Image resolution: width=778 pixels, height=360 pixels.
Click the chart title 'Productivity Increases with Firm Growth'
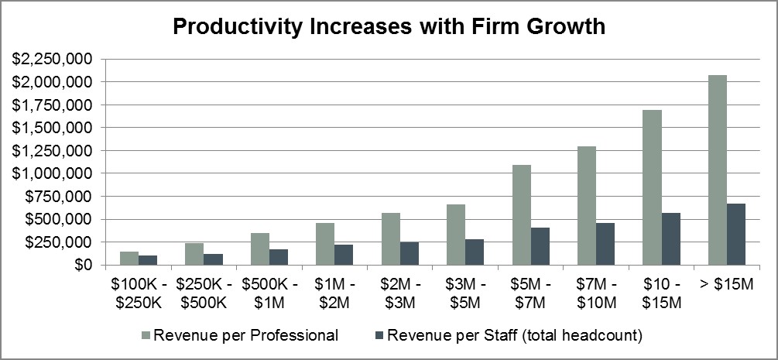point(389,26)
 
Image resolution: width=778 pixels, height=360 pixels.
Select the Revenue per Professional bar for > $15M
point(717,170)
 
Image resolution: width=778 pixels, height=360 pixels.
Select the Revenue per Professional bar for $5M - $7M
point(521,215)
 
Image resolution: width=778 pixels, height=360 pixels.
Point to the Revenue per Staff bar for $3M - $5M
point(474,252)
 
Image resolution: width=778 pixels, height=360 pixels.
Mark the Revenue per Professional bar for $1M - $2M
point(324,244)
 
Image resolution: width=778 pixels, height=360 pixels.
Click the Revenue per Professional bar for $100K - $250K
point(129,259)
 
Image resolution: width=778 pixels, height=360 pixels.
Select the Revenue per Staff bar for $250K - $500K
point(212,259)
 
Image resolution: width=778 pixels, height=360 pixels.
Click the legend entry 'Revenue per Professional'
point(245,335)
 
